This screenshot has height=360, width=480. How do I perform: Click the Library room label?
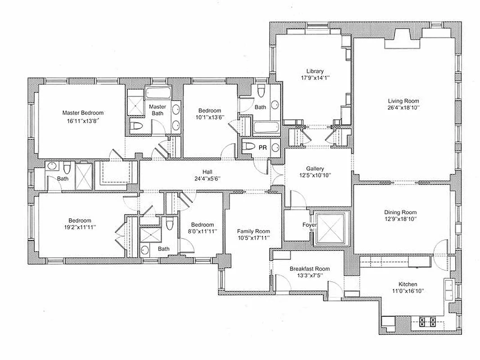315,71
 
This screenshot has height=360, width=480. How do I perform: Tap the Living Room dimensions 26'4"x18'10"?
404,108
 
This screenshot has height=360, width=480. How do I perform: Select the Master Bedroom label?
83,113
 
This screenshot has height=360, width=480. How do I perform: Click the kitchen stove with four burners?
427,321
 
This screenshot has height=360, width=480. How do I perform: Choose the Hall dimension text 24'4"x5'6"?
207,179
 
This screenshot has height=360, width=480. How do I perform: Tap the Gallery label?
315,168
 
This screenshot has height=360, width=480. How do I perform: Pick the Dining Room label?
400,212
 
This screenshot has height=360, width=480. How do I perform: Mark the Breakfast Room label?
310,269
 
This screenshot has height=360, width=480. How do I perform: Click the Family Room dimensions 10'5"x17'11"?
253,238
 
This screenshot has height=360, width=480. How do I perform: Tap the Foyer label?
309,225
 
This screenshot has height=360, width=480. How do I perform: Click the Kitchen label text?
407,284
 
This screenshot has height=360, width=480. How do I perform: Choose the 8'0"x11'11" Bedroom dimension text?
202,231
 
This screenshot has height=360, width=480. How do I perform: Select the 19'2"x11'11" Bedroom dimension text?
80,228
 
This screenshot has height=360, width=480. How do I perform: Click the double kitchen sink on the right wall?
448,290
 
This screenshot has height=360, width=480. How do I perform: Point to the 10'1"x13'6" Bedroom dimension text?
210,118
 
